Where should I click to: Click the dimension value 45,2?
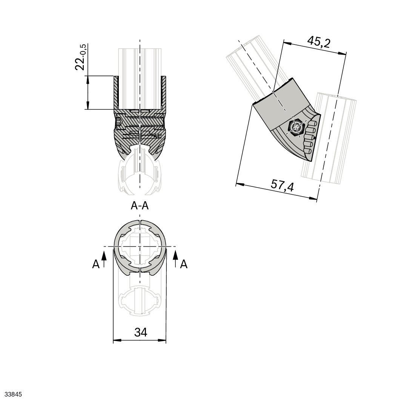tap(318, 42)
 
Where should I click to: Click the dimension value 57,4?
tap(282, 185)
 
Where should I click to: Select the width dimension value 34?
tap(141, 332)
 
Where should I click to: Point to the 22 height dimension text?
tap(80, 62)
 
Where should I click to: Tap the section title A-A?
tap(140, 206)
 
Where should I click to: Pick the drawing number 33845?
tap(11, 395)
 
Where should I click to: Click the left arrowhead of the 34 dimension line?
tap(117, 341)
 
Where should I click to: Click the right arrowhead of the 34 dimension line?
tap(163, 341)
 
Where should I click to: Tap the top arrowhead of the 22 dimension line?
tap(88, 79)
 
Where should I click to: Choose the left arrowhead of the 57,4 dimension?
tap(239, 184)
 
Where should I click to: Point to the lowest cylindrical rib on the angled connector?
tap(308, 152)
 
